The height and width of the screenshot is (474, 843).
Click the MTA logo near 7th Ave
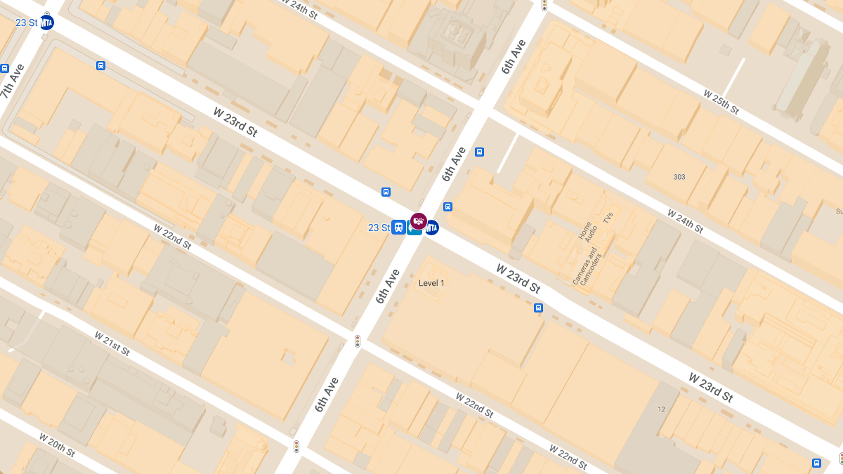pos(46,22)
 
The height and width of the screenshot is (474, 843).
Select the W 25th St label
pos(721,102)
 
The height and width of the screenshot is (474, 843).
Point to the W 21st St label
pos(112,343)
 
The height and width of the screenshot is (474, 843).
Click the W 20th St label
pos(57,445)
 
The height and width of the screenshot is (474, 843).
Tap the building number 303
pos(679,177)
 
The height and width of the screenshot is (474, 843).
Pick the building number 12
pos(661,409)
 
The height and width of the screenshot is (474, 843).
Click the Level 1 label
pos(431,283)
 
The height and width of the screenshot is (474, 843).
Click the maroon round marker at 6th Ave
pos(419,221)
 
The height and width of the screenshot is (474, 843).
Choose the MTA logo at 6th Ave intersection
pos(431,228)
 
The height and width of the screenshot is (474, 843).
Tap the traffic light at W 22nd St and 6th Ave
pos(358,341)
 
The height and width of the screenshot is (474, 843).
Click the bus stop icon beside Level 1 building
pos(538,308)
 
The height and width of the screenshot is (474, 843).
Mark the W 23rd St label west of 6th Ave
pos(235,121)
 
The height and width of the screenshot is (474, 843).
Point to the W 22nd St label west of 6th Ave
pos(172,236)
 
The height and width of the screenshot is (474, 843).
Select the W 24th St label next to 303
pos(685,221)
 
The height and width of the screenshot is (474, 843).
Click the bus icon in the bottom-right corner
pos(816,463)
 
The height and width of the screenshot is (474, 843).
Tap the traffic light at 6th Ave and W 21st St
pos(296,447)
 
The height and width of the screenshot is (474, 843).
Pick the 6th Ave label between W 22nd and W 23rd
pos(387,286)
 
